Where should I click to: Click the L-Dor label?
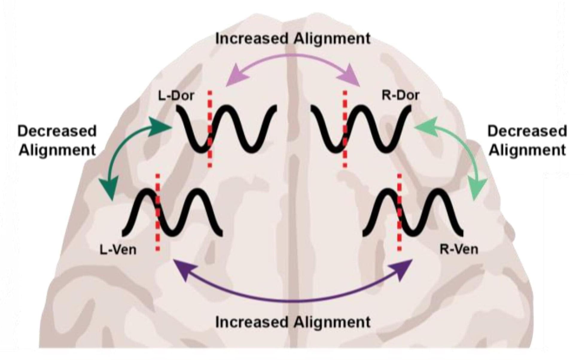[x=176, y=96]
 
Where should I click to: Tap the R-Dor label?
[x=400, y=95]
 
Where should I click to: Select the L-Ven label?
[x=118, y=250]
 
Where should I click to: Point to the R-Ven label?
[x=459, y=249]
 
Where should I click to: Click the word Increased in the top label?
[x=252, y=39]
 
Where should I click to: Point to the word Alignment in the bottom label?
[x=332, y=322]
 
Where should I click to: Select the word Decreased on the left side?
[x=57, y=131]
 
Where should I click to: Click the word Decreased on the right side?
[x=527, y=131]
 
